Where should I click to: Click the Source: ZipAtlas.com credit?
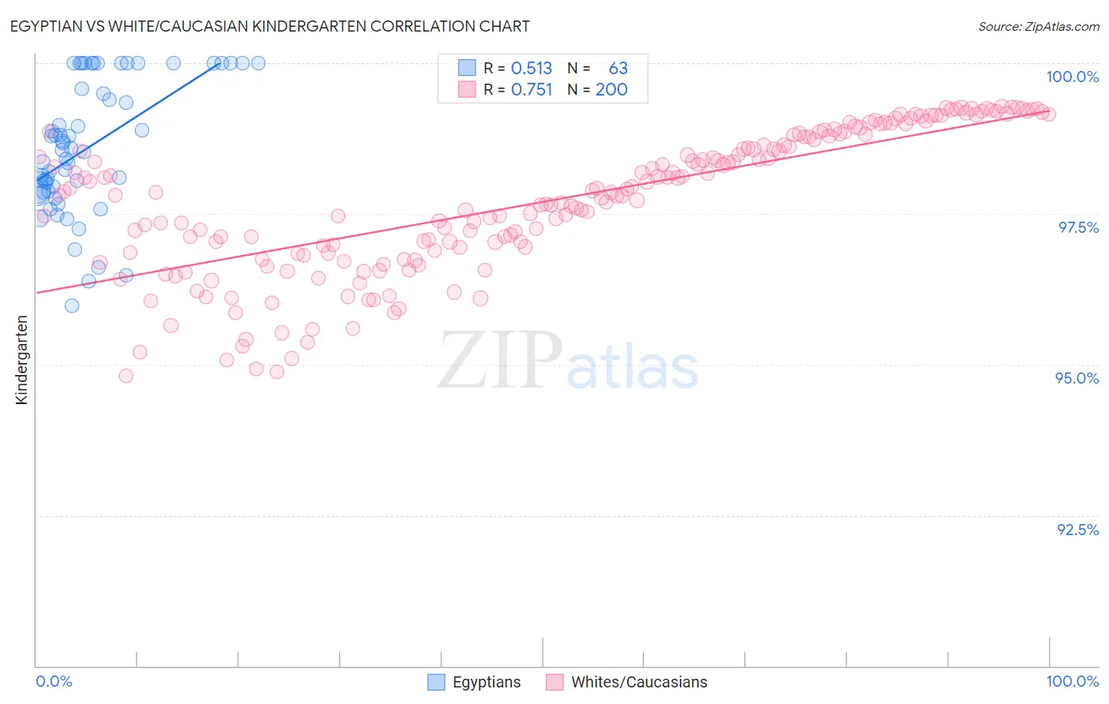tap(1038, 27)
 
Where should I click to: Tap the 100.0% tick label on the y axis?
tap(1072, 77)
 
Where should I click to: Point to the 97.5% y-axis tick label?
tap(1077, 227)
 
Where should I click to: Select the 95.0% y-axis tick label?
tap(1077, 378)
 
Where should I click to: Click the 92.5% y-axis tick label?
tap(1077, 530)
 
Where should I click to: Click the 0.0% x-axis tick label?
tap(54, 681)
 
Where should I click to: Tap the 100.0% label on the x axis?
tap(1072, 681)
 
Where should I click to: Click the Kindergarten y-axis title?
tap(22, 360)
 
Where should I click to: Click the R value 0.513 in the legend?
tap(532, 68)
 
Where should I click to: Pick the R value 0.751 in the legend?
tap(532, 90)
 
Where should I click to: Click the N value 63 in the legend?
tap(618, 68)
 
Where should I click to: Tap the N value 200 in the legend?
tap(611, 90)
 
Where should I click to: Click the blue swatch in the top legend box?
tap(467, 68)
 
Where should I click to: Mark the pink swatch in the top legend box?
tap(467, 90)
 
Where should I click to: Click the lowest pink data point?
tap(126, 376)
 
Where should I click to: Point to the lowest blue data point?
tap(72, 305)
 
